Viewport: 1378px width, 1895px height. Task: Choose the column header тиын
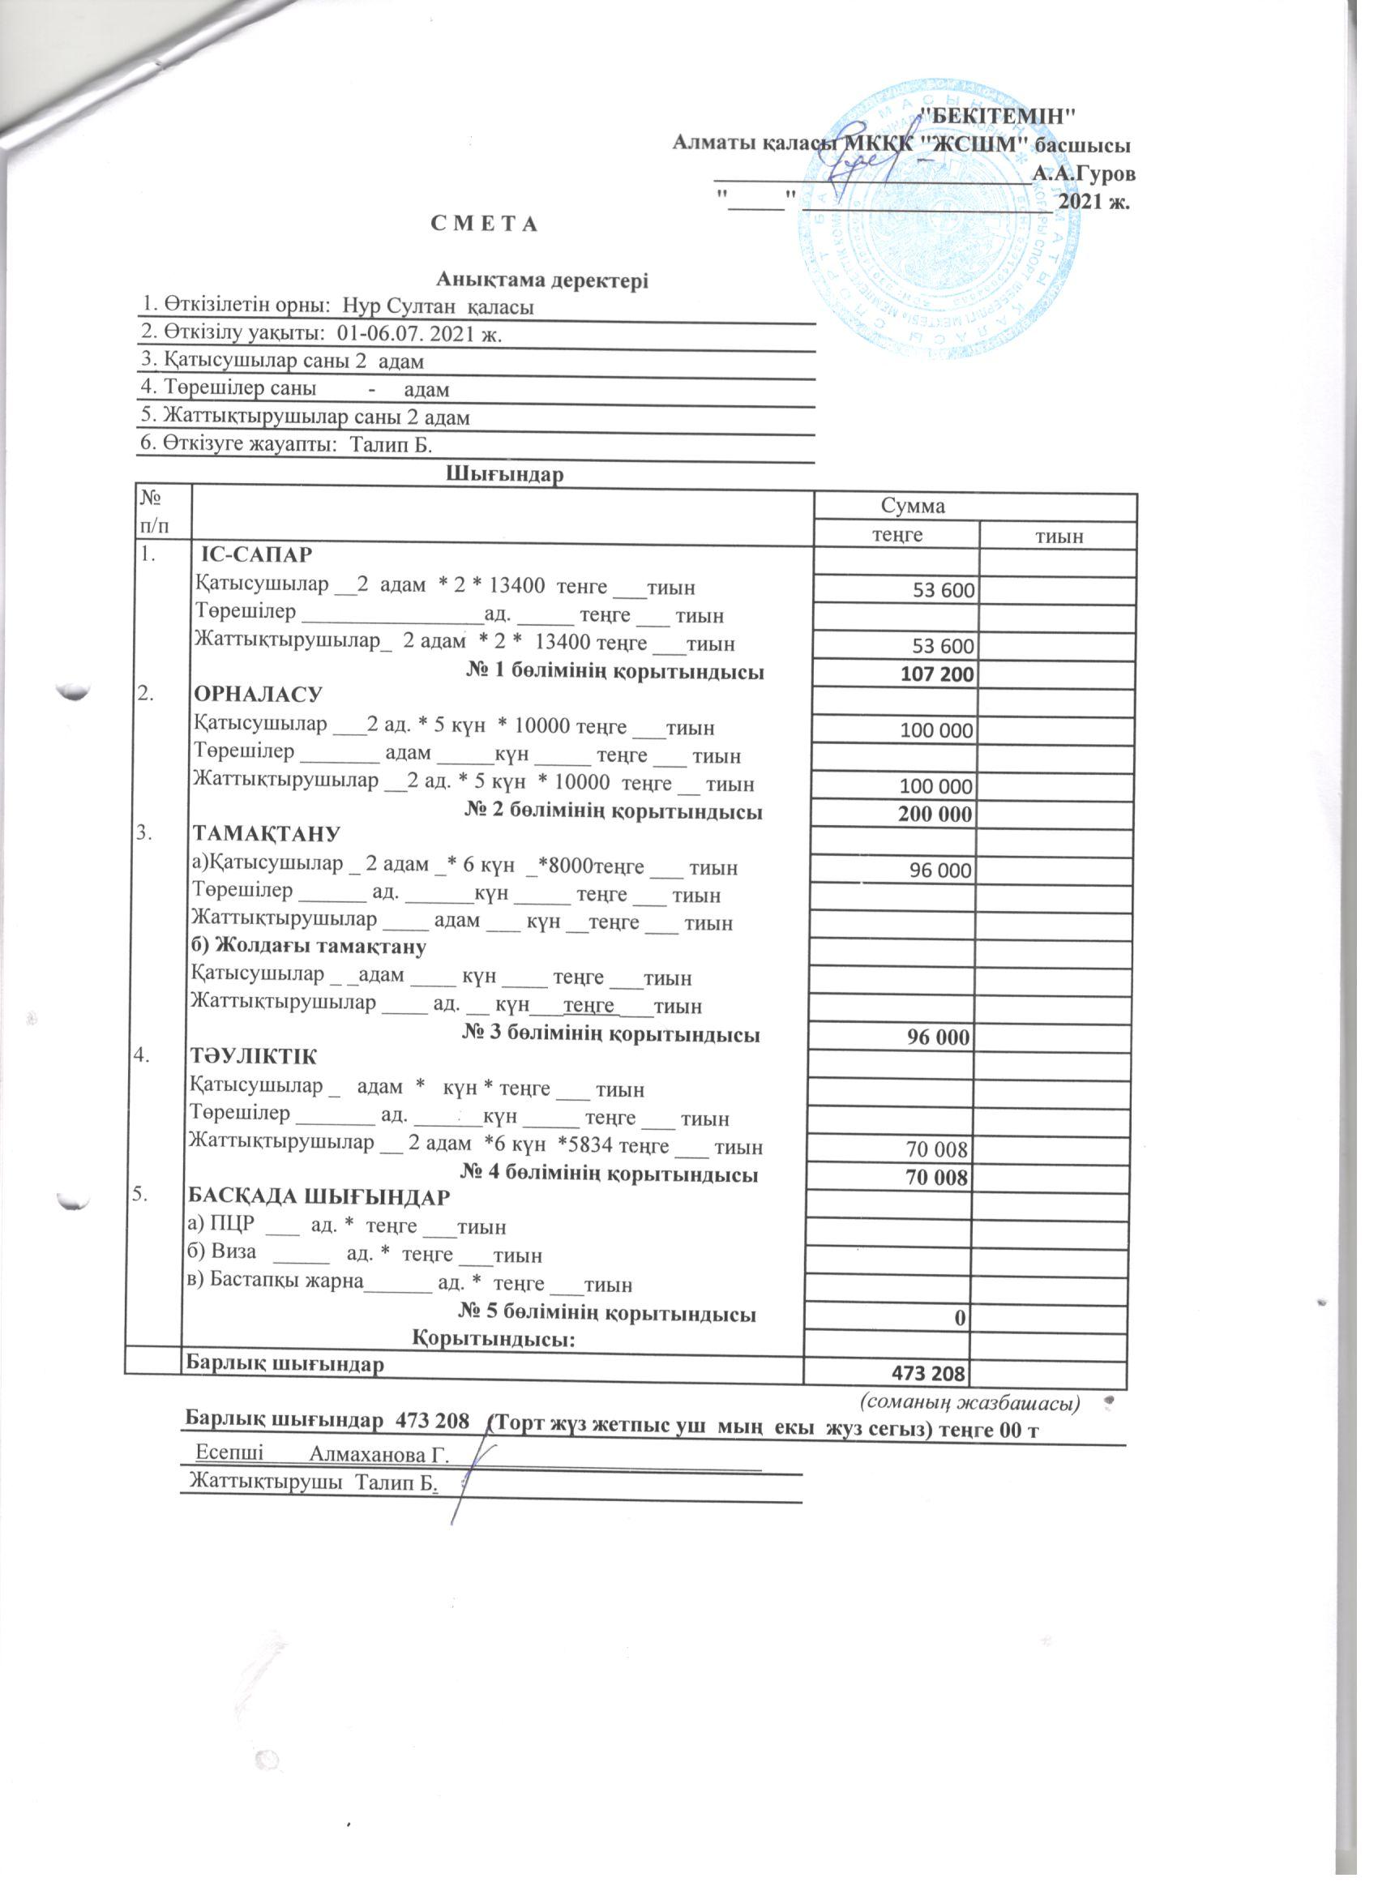tap(1058, 536)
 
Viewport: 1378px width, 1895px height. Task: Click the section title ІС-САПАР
tap(259, 554)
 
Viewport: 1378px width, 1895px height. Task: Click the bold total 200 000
tap(935, 814)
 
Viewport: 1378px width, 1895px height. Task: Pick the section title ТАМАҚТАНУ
tap(267, 834)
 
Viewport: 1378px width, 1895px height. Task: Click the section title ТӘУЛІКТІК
tap(254, 1056)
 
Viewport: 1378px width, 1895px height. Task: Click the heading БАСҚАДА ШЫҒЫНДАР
tap(320, 1196)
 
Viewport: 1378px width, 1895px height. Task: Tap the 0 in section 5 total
tap(961, 1317)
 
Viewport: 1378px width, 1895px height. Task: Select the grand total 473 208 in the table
tap(927, 1373)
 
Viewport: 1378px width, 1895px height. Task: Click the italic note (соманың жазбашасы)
tap(970, 1400)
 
